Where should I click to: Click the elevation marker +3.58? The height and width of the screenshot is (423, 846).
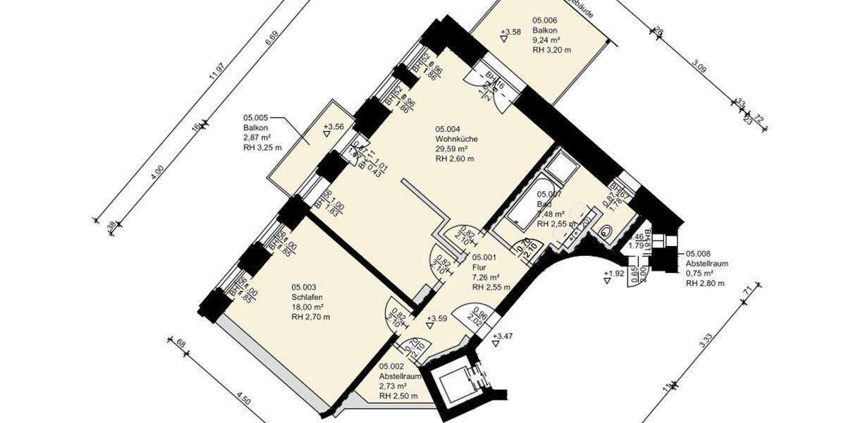[510, 32]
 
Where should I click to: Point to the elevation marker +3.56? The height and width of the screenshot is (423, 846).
[334, 127]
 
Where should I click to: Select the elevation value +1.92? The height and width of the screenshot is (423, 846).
[613, 273]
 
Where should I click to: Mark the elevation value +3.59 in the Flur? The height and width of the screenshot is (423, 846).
[437, 319]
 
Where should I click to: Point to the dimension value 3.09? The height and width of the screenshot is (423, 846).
[699, 68]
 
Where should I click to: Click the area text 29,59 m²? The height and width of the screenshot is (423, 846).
[452, 149]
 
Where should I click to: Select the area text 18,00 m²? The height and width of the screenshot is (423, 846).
[307, 307]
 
